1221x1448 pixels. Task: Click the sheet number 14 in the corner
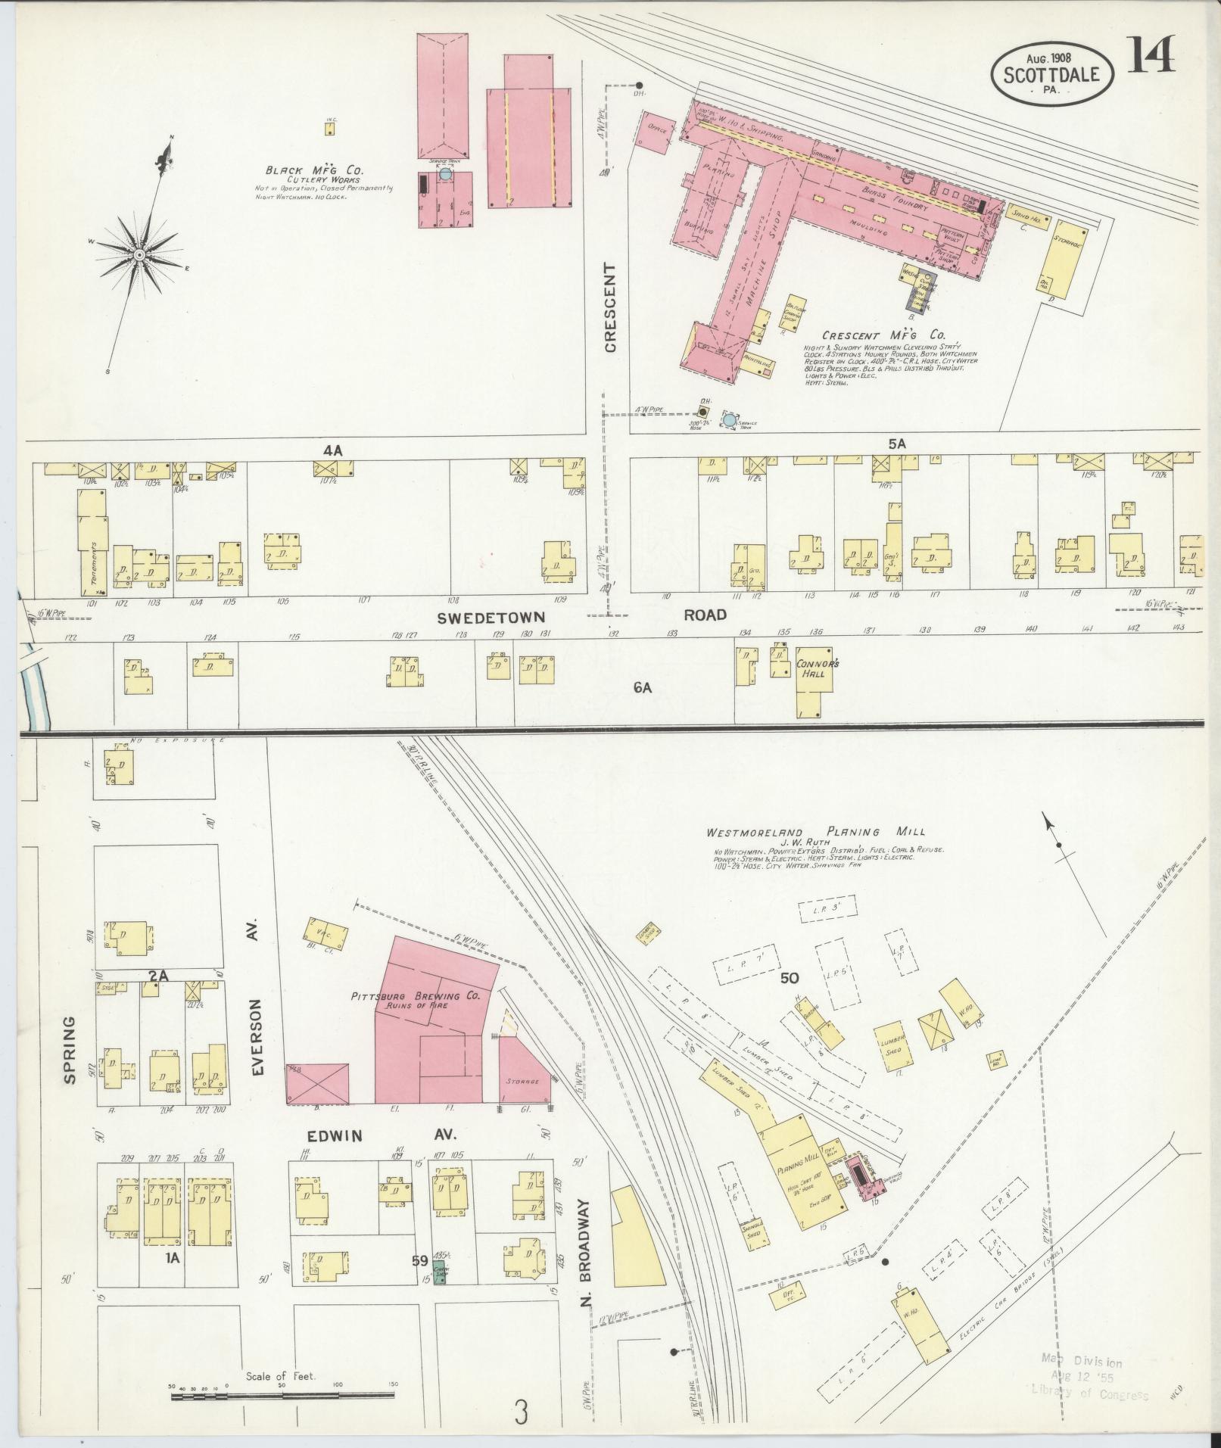[1151, 54]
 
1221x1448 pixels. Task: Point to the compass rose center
[140, 256]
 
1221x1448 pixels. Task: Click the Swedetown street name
[491, 618]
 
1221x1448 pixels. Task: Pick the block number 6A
[642, 688]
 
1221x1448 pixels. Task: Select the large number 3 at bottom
[519, 1412]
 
